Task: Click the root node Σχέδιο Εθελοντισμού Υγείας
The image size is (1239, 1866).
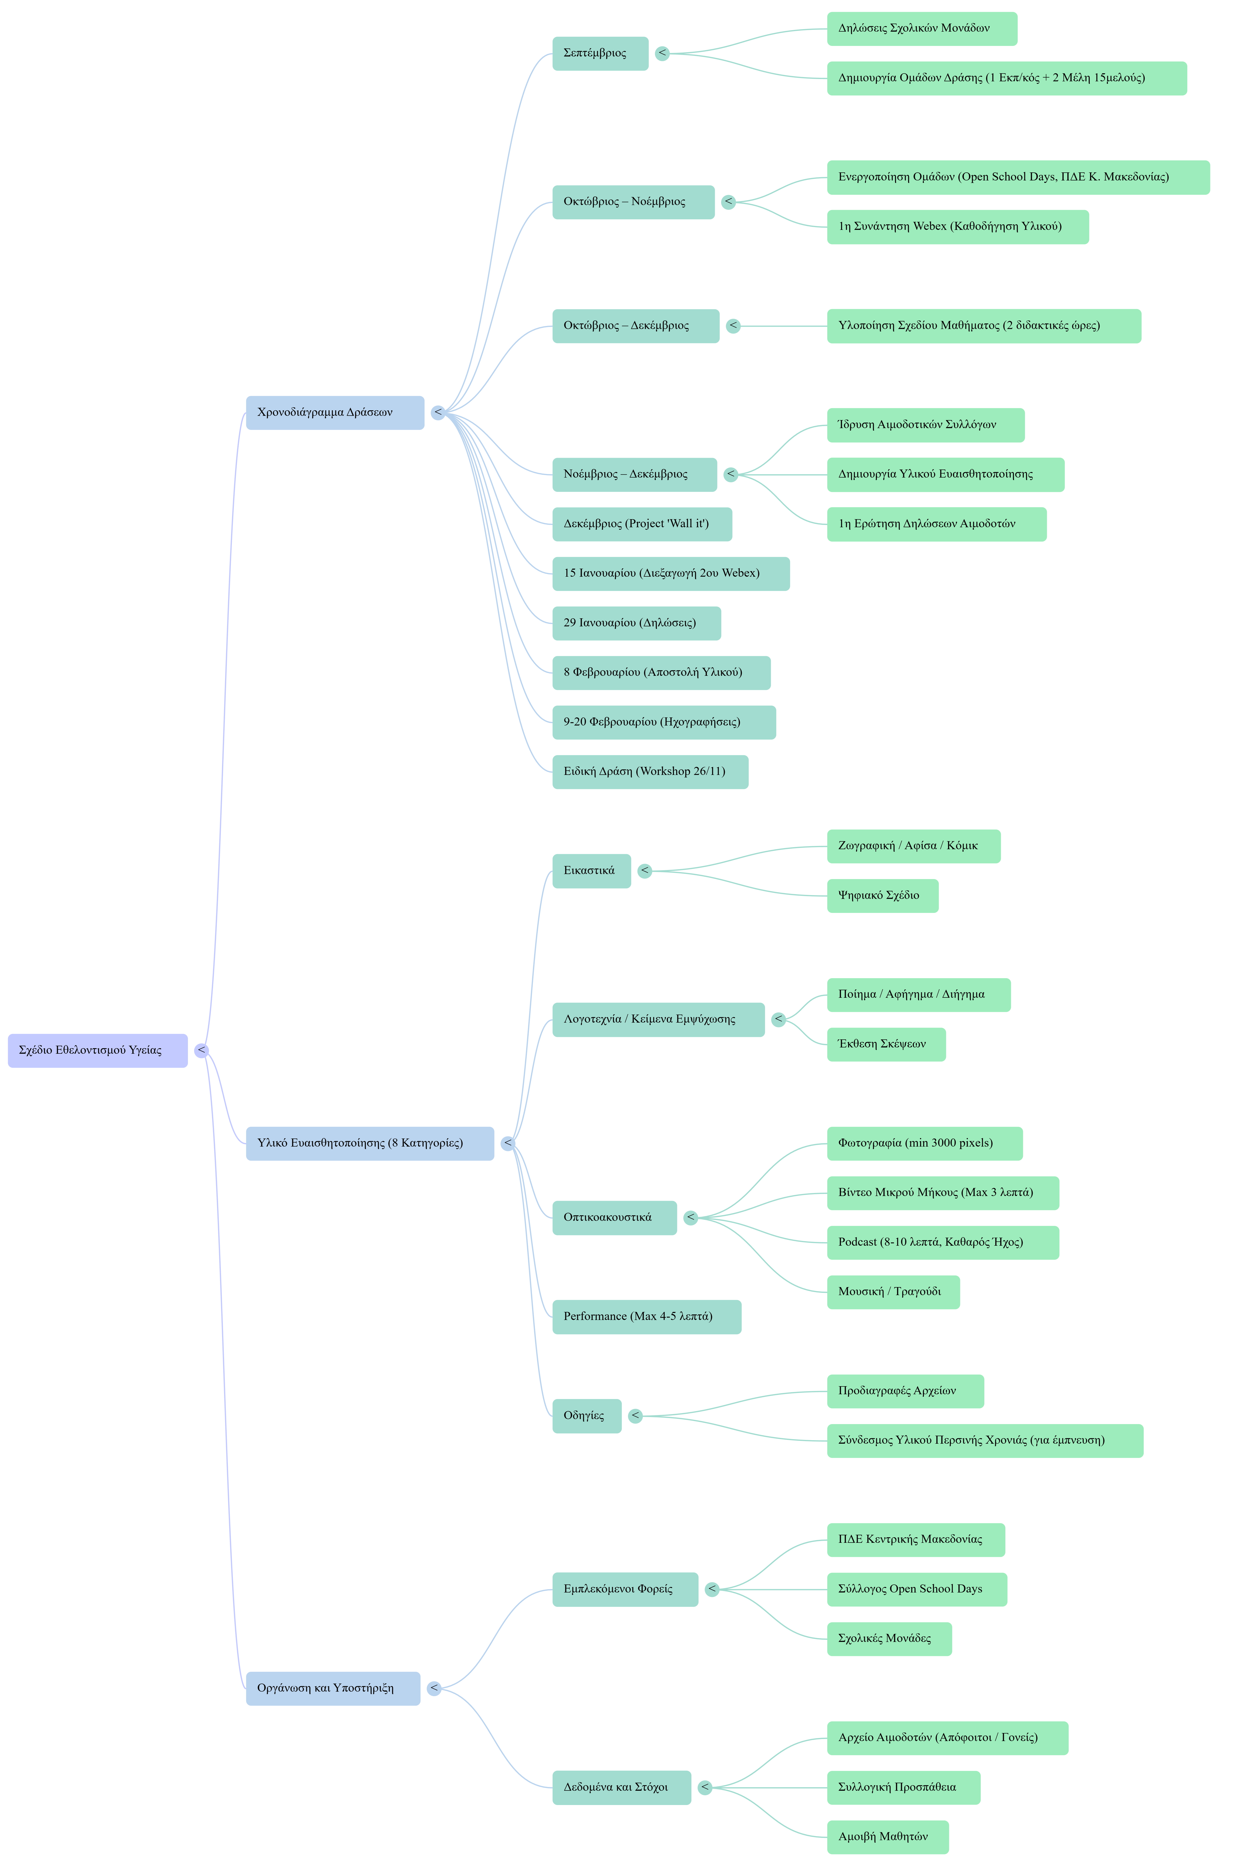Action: [98, 1050]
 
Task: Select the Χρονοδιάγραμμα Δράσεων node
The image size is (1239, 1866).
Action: [335, 413]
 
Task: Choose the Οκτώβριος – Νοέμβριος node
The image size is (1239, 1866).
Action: [633, 202]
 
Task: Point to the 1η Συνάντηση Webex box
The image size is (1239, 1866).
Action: [958, 227]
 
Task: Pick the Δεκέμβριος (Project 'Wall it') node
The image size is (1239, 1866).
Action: [642, 524]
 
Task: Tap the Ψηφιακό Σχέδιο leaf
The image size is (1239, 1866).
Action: [883, 896]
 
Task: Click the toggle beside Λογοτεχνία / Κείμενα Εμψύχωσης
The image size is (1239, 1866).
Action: [778, 1020]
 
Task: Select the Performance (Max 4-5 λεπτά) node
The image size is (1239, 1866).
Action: [646, 1317]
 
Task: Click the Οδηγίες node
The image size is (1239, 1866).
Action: [586, 1416]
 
